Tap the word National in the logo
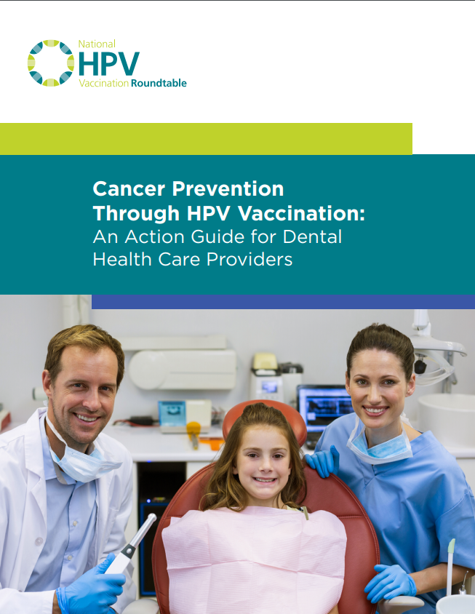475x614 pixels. pos(97,44)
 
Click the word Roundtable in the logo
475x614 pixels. pos(159,83)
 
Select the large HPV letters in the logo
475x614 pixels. pos(109,63)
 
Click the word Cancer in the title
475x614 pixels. pos(129,188)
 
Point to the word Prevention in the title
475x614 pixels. pos(228,188)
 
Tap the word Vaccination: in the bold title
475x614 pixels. pos(301,213)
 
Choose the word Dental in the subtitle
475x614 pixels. pos(312,236)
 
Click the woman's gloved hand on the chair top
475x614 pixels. pos(323,461)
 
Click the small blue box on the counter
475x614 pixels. pos(172,414)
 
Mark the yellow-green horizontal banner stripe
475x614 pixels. pos(206,139)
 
